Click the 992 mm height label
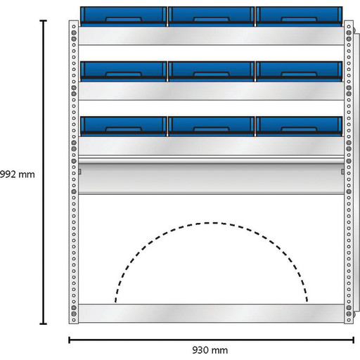pos(18,174)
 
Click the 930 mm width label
pos(210,350)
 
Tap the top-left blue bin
pos(124,16)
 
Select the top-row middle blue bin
pos(211,16)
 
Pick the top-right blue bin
pos(299,16)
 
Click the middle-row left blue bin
pos(124,72)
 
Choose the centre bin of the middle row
pos(211,72)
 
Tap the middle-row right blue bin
pos(299,72)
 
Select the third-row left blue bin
pos(124,127)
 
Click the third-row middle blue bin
pos(211,127)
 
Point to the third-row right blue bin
pos(299,127)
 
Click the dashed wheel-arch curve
pos(211,223)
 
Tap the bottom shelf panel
pos(211,314)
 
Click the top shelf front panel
pos(211,36)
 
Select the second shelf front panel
pos(211,91)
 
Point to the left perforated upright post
pos(74,172)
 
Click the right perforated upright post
pos(349,172)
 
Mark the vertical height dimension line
pos(44,172)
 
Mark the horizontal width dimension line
pos(211,340)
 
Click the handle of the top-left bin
pos(124,20)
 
